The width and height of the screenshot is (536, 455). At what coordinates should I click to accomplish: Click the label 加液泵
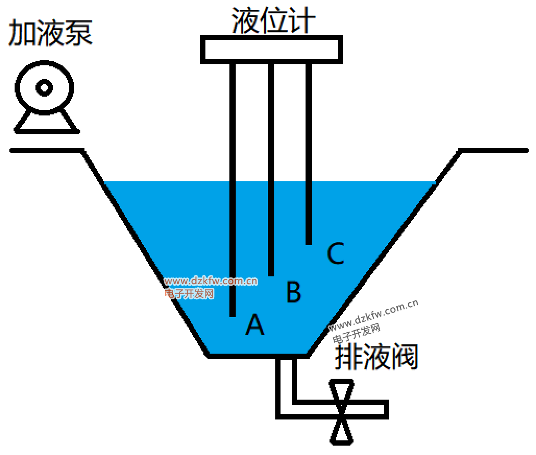[x=51, y=33]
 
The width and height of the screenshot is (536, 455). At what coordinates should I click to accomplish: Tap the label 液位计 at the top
[x=273, y=21]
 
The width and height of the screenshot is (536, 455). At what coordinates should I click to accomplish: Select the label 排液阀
[x=376, y=357]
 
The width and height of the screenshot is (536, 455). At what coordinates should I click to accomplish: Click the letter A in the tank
[x=255, y=324]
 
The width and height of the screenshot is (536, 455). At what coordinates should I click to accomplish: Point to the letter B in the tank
[x=294, y=293]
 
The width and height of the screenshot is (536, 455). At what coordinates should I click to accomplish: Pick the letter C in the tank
[x=335, y=254]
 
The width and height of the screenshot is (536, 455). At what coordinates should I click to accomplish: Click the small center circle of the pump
[x=44, y=88]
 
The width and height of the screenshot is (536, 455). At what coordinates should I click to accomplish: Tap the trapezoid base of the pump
[x=46, y=122]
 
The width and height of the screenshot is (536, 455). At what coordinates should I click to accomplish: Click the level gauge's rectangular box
[x=271, y=50]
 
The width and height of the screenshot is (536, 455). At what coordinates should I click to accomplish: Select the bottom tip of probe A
[x=233, y=315]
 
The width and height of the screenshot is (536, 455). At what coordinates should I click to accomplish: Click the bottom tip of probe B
[x=271, y=274]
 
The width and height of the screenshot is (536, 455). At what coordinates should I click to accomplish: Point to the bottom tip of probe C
[x=309, y=242]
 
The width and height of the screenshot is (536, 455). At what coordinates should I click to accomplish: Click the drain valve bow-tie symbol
[x=342, y=412]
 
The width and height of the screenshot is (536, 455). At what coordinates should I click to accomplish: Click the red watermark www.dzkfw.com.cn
[x=211, y=281]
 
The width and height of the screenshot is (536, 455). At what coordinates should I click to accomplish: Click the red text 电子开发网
[x=189, y=294]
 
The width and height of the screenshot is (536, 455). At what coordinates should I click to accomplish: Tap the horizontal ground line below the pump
[x=46, y=150]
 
